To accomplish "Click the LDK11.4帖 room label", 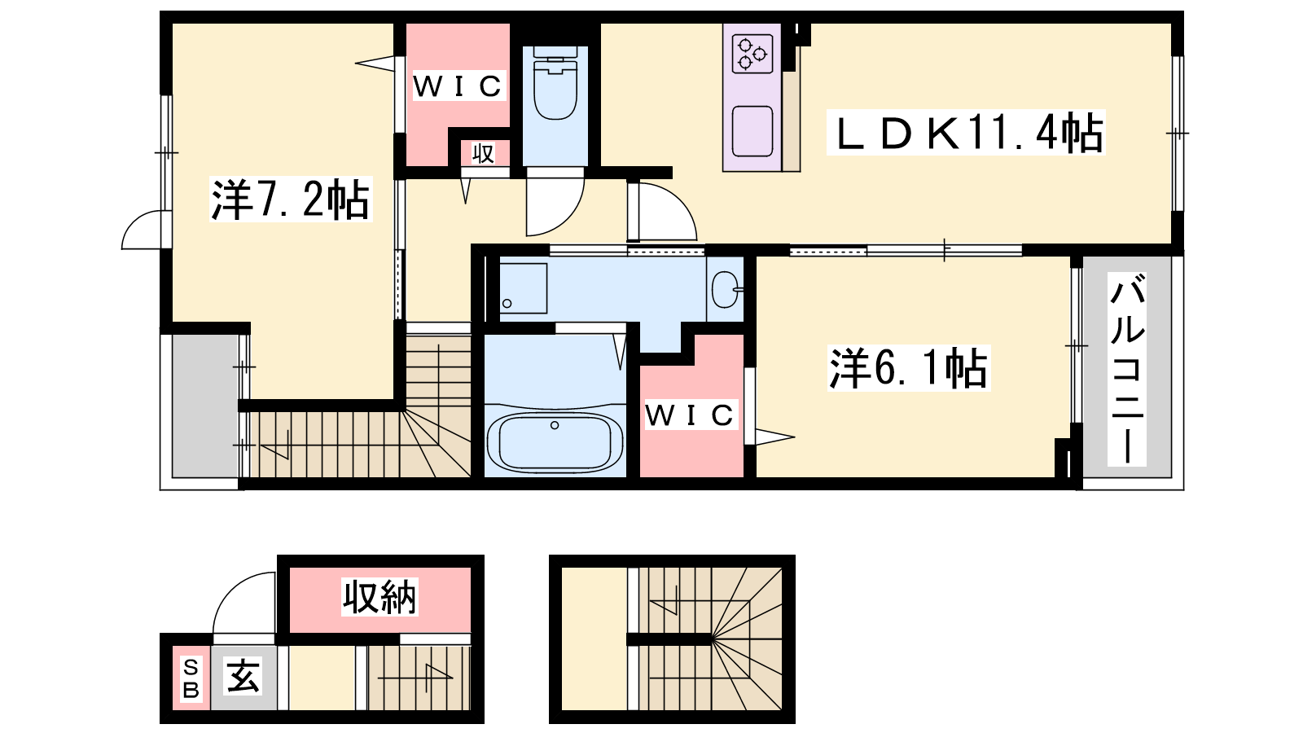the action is click(966, 134).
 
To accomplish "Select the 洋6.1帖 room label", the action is click(909, 368).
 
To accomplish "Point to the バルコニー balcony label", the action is click(1127, 370).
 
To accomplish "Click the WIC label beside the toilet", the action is click(457, 86).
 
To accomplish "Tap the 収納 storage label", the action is click(379, 596).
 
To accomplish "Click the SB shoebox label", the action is click(191, 678).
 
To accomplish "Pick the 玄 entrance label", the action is click(243, 676).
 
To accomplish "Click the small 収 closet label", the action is click(483, 154).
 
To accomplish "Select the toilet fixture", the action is click(555, 84).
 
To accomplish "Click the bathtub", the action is click(555, 442).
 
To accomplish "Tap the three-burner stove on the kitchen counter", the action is click(752, 54).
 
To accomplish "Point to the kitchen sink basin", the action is click(752, 131).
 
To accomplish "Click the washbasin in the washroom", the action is click(726, 289).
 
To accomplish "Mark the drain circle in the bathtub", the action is click(555, 425).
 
